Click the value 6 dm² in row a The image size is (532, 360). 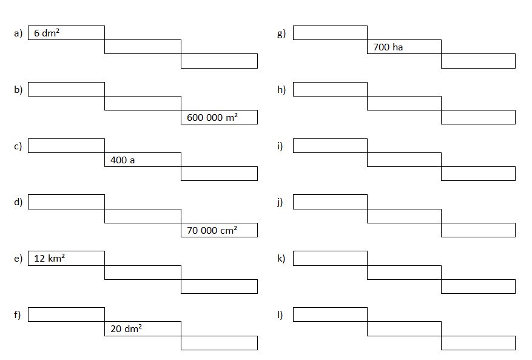click(47, 33)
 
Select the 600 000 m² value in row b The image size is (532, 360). click(212, 117)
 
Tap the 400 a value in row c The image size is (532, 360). click(123, 160)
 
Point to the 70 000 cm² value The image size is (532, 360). click(212, 230)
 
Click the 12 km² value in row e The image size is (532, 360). click(49, 258)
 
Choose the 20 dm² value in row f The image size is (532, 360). click(126, 328)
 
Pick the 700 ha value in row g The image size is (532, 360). click(388, 47)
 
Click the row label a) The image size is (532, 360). click(18, 33)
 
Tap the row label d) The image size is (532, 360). click(18, 202)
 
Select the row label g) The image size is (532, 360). click(281, 33)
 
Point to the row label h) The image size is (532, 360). click(281, 89)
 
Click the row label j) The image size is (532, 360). click(280, 202)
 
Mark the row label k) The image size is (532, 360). click(281, 259)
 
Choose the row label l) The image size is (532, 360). click(280, 315)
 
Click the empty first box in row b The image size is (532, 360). click(66, 89)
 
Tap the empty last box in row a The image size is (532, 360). click(219, 61)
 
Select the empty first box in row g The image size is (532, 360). click(330, 33)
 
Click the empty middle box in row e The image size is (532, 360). click(143, 273)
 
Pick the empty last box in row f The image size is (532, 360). click(219, 342)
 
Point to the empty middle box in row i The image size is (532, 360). click(405, 160)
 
